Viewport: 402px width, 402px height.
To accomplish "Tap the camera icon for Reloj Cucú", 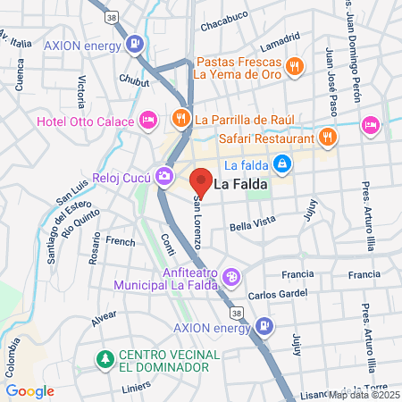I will pyautogui.click(x=163, y=175).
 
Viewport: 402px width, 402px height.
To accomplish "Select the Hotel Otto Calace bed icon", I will pyautogui.click(x=148, y=119).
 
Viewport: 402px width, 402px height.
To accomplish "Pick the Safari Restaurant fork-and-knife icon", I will pyautogui.click(x=328, y=138).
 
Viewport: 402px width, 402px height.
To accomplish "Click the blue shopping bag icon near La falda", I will pyautogui.click(x=282, y=163).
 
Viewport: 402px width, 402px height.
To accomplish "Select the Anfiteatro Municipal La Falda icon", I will pyautogui.click(x=231, y=279).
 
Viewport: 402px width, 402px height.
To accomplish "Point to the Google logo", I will pyautogui.click(x=29, y=391).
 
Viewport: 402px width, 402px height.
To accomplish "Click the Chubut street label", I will pyautogui.click(x=134, y=79).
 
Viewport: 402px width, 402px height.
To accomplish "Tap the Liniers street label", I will pyautogui.click(x=138, y=389).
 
